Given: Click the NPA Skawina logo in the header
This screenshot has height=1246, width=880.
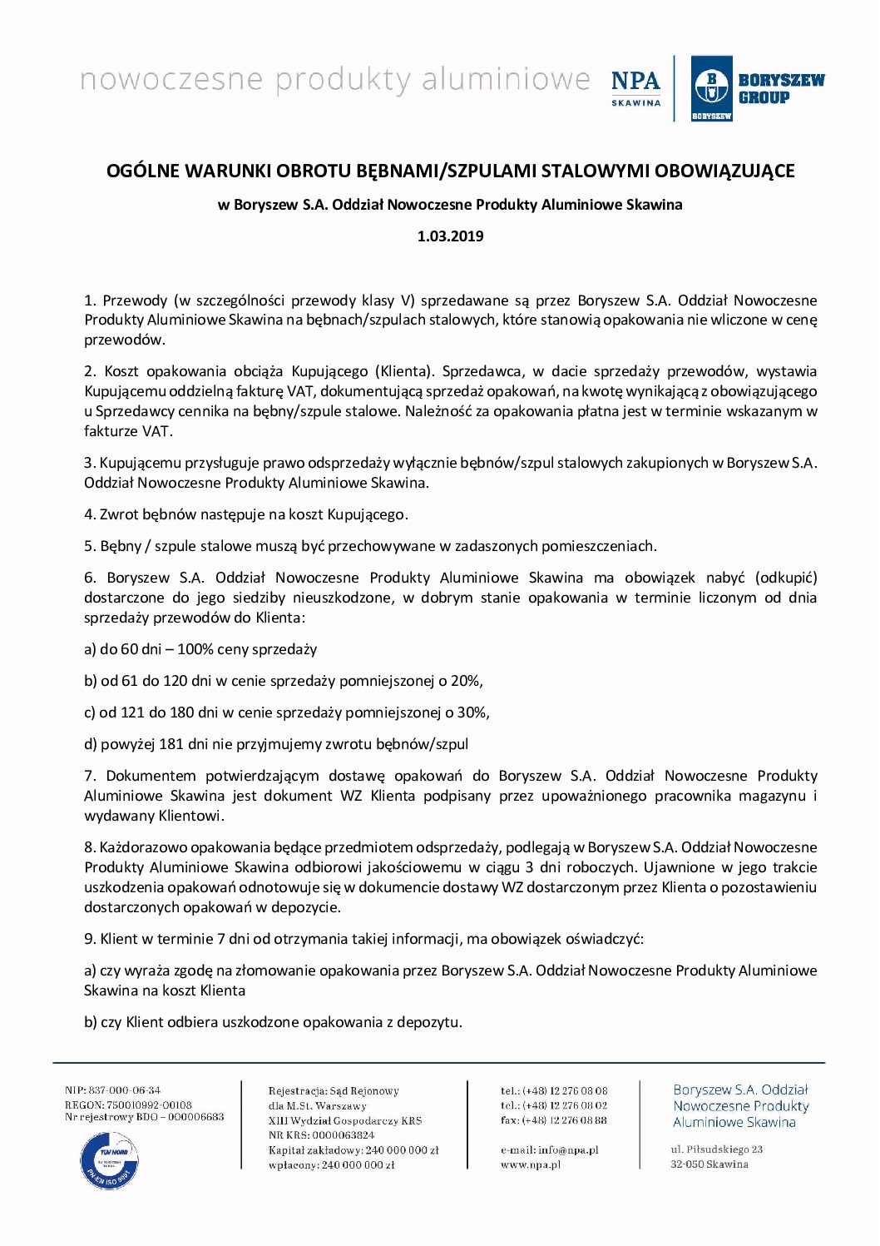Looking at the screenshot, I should [635, 87].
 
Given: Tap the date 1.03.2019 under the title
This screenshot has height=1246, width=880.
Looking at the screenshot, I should [450, 236].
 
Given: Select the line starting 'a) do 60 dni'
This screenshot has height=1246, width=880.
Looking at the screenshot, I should [200, 649].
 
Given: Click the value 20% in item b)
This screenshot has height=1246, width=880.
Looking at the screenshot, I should [465, 681].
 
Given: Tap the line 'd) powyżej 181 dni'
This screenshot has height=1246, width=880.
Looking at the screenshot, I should [276, 744].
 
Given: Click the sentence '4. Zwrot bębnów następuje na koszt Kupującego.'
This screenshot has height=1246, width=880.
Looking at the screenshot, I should [246, 514].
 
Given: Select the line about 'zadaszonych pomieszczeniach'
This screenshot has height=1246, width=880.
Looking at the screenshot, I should [370, 546].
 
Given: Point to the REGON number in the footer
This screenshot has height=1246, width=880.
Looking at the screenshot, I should [128, 1105].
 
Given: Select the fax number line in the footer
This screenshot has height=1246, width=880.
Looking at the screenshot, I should [554, 1120].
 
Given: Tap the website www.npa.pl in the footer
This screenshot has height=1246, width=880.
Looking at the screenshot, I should [531, 1165].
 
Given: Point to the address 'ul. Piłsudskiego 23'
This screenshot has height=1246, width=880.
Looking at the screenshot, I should [717, 1149].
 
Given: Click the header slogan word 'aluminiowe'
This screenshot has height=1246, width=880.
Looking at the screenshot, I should [506, 80].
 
